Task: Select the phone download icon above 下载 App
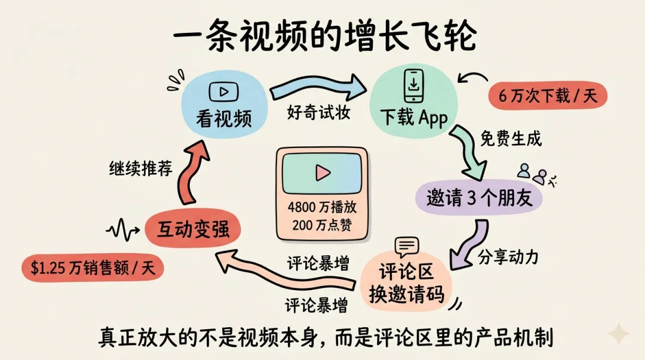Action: (413, 87)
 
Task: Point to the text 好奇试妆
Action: (318, 112)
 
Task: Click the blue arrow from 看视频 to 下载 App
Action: (317, 88)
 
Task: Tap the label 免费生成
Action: (511, 139)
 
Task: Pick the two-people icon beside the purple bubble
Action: (532, 174)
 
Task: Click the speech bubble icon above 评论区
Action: (407, 246)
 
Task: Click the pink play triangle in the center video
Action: (323, 173)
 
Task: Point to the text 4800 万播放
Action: (322, 208)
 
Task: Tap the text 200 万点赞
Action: (322, 224)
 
